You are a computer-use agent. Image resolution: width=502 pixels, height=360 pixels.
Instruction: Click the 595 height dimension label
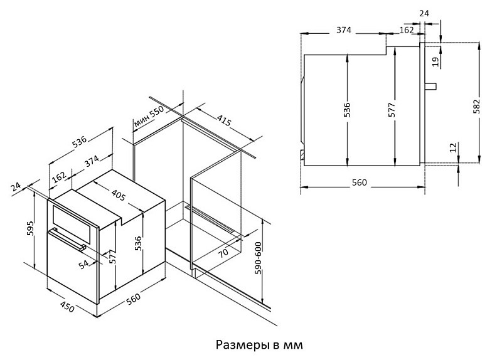click(30, 228)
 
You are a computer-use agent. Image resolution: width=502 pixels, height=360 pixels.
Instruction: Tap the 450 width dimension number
click(67, 307)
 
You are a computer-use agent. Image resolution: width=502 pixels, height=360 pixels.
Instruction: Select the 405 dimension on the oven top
click(118, 194)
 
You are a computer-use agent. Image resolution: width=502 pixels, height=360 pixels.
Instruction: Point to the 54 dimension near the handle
click(83, 263)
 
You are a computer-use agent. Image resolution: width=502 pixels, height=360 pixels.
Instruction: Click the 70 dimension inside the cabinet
click(223, 253)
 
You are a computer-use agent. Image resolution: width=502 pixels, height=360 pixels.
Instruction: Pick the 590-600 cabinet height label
click(258, 258)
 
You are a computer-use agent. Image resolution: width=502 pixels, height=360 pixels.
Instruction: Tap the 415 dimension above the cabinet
click(224, 120)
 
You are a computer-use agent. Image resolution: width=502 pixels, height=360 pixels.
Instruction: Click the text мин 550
click(149, 116)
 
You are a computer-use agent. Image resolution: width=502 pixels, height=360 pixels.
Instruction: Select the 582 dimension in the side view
click(476, 106)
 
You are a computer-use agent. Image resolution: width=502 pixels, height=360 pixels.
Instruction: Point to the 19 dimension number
click(435, 61)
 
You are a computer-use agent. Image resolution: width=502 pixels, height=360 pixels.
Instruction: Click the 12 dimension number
click(453, 147)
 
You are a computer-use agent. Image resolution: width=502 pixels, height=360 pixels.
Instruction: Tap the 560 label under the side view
click(359, 183)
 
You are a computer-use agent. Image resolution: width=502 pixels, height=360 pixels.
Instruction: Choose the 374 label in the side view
click(344, 29)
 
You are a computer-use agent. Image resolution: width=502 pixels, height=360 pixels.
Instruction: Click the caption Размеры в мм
click(259, 345)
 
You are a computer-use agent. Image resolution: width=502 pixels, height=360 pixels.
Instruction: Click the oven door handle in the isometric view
click(67, 239)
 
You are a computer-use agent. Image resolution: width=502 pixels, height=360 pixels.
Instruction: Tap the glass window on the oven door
click(74, 224)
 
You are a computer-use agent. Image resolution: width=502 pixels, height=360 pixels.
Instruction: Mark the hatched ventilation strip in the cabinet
click(213, 220)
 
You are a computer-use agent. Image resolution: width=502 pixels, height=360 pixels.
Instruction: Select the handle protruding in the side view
click(430, 87)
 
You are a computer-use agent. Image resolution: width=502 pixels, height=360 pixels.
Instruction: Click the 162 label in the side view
click(407, 29)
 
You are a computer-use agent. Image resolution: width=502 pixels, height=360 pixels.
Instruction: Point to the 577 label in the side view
click(392, 109)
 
